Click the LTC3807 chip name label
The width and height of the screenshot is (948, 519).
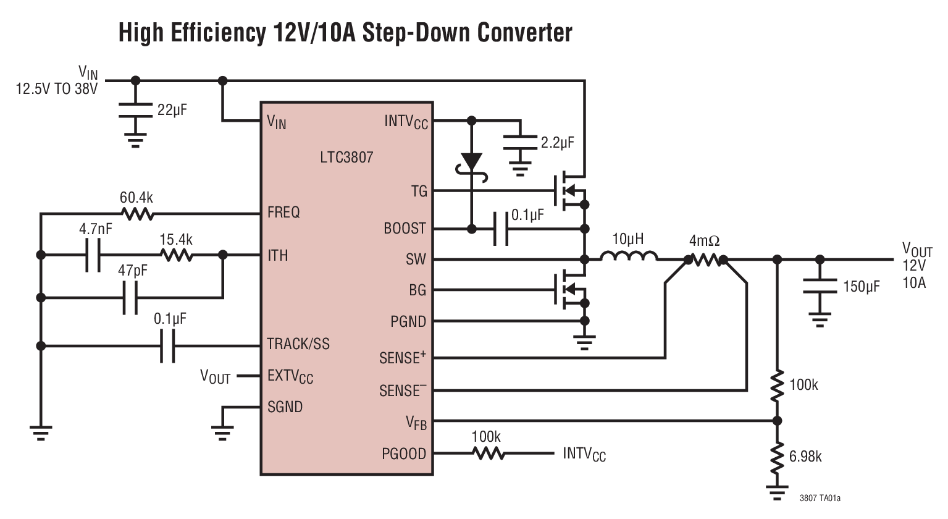pos(346,157)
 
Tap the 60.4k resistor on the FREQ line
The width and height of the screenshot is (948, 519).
pos(137,214)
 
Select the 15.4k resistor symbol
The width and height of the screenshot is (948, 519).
pos(176,255)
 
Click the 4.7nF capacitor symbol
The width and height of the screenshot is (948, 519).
pos(93,255)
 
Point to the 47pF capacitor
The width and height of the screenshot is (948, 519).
pos(130,298)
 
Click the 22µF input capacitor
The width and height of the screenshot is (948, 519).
pos(135,111)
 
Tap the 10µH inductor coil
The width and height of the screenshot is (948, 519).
pos(628,257)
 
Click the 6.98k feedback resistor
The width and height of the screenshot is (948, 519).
pos(777,457)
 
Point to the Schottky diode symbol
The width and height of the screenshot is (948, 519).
pos(472,162)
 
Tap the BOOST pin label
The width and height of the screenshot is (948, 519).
pos(405,229)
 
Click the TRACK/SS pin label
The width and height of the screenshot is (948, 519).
pos(298,344)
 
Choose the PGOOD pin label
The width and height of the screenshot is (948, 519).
pos(404,454)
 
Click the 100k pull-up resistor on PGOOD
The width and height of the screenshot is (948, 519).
pos(488,454)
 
